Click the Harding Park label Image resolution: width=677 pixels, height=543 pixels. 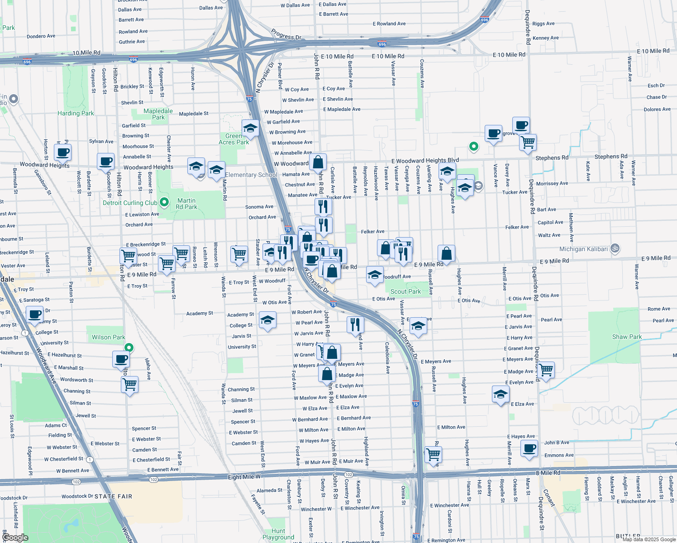tap(76, 113)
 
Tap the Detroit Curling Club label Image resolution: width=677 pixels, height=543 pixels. tap(130, 203)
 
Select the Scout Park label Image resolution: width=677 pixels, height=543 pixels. tap(405, 291)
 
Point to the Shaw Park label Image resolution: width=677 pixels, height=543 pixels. tap(627, 337)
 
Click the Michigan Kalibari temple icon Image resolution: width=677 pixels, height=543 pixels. tap(615, 248)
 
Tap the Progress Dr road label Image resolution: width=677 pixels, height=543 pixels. tap(286, 34)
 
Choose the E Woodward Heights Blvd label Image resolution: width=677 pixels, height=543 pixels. tap(425, 161)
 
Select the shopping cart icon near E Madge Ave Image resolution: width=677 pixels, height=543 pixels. tap(546, 369)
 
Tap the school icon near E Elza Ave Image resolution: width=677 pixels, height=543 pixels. tap(501, 394)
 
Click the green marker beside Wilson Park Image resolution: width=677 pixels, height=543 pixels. tap(129, 348)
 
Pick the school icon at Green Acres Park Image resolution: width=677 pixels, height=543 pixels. tap(250, 129)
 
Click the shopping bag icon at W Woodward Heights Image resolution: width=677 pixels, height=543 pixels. tap(318, 162)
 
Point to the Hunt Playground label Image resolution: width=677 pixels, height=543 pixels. tap(278, 534)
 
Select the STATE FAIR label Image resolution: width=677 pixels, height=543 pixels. tap(113, 496)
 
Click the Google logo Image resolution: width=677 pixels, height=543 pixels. tap(15, 537)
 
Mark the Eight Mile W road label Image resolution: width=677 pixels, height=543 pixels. tap(244, 477)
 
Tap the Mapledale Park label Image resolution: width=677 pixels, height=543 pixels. tap(158, 114)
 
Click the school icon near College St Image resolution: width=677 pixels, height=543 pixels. tap(267, 321)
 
